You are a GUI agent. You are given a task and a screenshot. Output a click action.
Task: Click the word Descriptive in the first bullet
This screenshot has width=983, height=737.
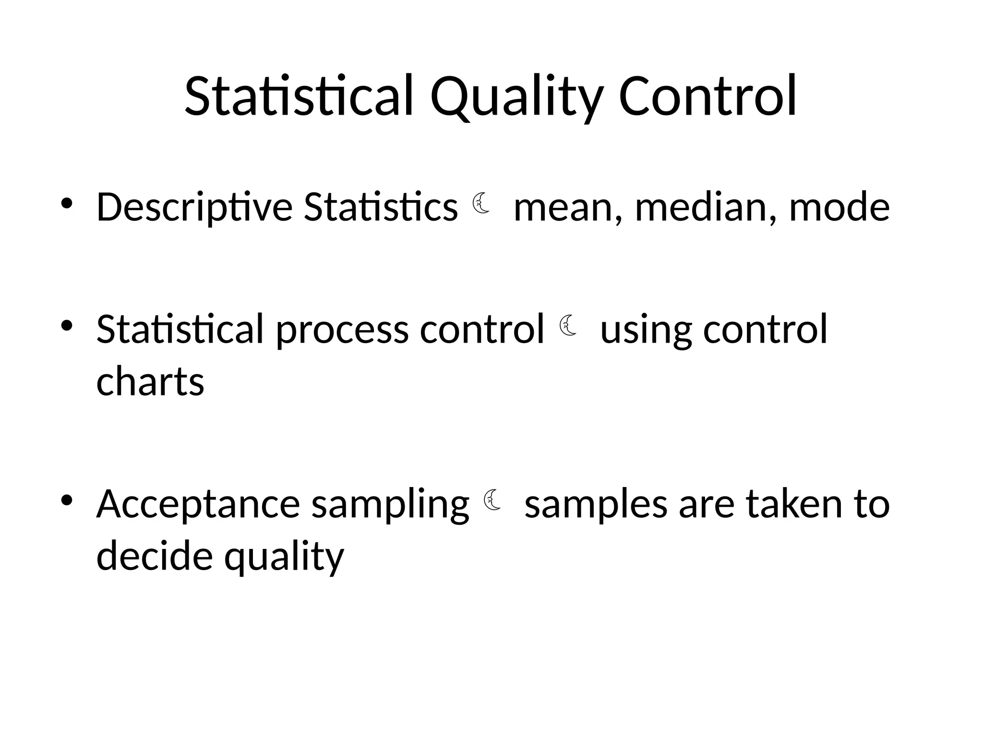[194, 208]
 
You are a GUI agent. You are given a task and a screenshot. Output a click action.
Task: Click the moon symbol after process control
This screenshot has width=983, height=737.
[567, 325]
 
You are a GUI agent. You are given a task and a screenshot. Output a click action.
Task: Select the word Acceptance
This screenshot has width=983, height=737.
[198, 505]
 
